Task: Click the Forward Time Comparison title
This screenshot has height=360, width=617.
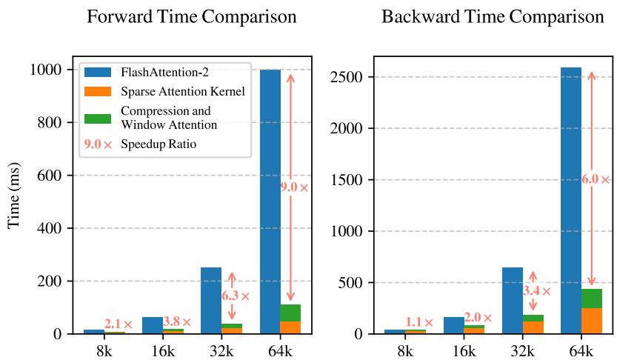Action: click(x=192, y=17)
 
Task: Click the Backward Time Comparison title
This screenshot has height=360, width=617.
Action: click(x=493, y=17)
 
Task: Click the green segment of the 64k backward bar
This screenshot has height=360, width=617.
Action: click(x=591, y=299)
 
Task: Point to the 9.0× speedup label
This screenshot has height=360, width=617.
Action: click(x=294, y=187)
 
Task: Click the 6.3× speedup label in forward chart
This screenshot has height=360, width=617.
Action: click(x=236, y=296)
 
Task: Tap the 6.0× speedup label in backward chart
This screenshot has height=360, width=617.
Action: click(x=596, y=179)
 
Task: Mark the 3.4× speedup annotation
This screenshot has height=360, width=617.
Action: click(x=536, y=291)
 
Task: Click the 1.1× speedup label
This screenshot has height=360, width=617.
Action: click(x=418, y=322)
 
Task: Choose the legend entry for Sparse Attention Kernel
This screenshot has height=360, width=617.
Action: click(x=182, y=92)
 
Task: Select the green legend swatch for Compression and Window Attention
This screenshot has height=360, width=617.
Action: click(x=98, y=118)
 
